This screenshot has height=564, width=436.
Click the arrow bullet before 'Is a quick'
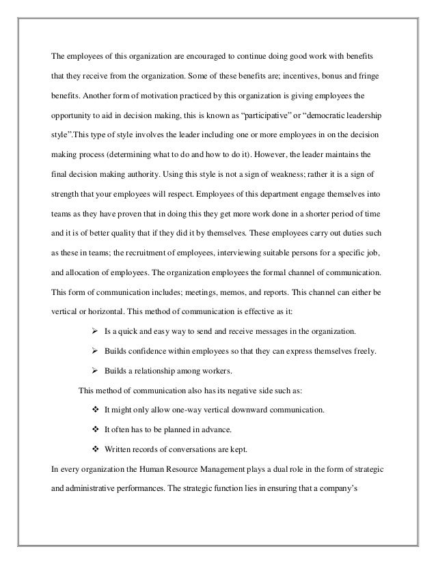(95, 331)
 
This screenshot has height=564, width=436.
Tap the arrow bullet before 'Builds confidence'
(95, 351)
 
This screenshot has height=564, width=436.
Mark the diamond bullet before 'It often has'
(95, 430)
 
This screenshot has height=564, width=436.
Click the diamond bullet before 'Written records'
(95, 450)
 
